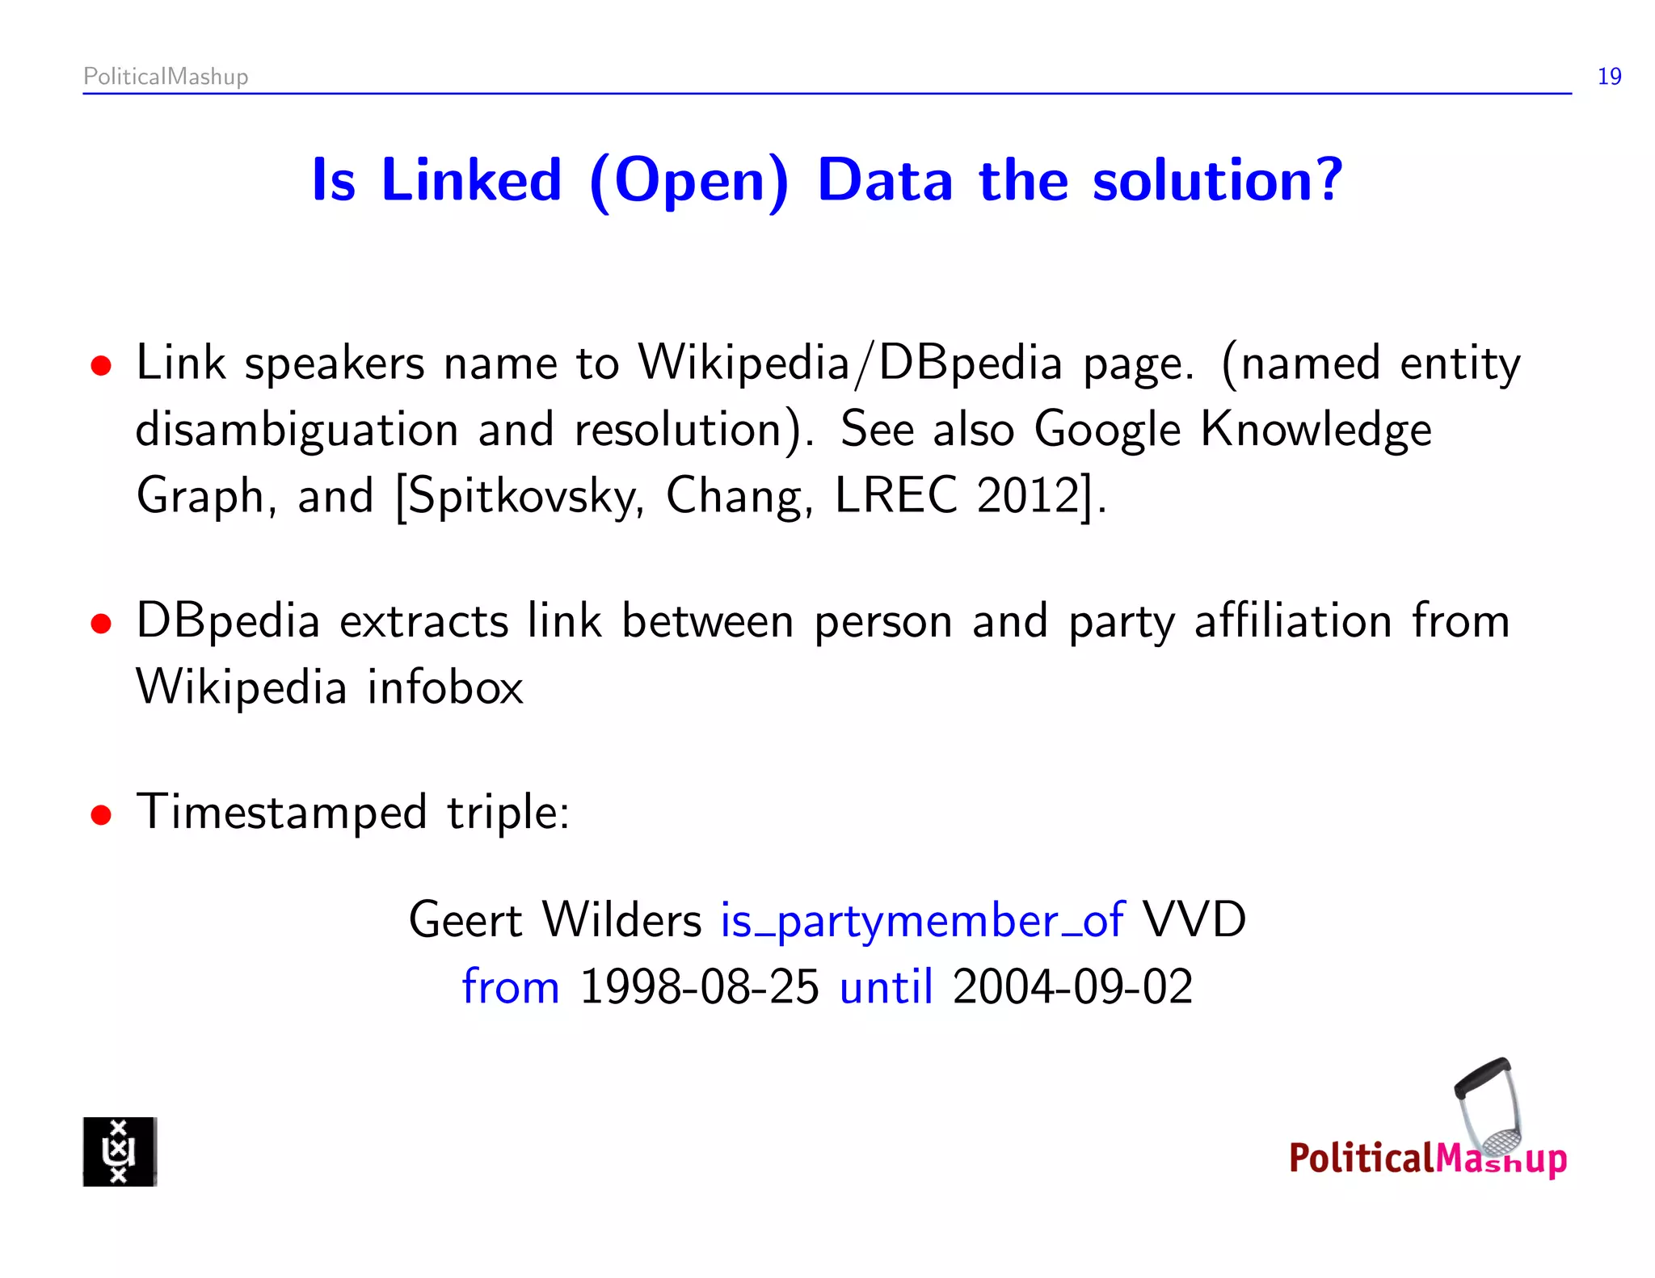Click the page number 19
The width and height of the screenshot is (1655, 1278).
coord(1609,77)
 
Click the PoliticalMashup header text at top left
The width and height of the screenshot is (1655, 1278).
coord(166,77)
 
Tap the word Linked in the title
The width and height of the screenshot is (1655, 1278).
coord(471,180)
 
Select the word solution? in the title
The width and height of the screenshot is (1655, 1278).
coord(1217,180)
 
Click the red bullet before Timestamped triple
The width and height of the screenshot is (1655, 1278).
coord(101,815)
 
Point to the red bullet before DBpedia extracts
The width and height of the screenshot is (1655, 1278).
coord(101,624)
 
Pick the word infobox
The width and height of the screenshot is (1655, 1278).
coord(445,687)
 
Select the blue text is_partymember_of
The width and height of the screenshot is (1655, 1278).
coord(922,921)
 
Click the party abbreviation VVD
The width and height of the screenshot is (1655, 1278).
coord(1194,919)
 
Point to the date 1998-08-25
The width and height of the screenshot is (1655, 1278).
coord(700,987)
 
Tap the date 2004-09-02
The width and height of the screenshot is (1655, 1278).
coord(1072,987)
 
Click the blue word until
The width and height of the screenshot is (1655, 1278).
coord(886,987)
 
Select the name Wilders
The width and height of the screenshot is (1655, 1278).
coord(622,919)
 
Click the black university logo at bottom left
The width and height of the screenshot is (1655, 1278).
coord(120,1151)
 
